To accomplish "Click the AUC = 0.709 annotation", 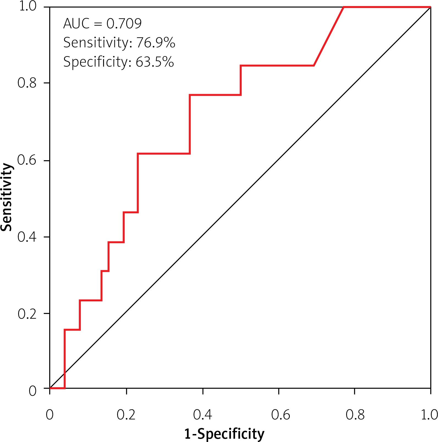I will pyautogui.click(x=102, y=23).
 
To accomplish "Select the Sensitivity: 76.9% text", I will pyautogui.click(x=119, y=43).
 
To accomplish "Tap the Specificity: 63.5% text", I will pyautogui.click(x=119, y=62).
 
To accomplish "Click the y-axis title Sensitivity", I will pyautogui.click(x=7, y=197).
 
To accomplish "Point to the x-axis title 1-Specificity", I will pyautogui.click(x=224, y=434).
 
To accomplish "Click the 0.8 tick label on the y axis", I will pyautogui.click(x=27, y=83).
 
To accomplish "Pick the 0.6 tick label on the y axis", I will pyautogui.click(x=27, y=160).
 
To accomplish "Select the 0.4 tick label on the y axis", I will pyautogui.click(x=27, y=237).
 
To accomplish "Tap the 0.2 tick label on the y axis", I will pyautogui.click(x=27, y=313).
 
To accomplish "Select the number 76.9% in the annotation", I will pyautogui.click(x=156, y=43).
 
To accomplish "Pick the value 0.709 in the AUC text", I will pyautogui.click(x=124, y=23).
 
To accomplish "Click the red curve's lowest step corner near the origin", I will pyautogui.click(x=65, y=388).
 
